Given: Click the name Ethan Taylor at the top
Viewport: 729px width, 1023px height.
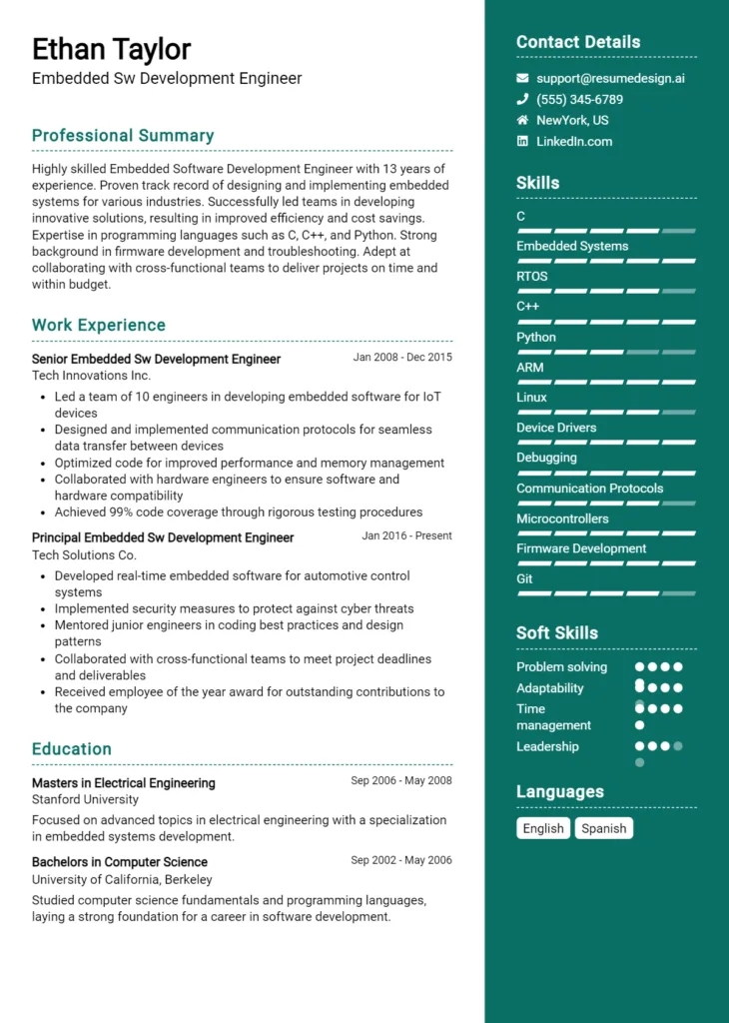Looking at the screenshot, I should pos(111,49).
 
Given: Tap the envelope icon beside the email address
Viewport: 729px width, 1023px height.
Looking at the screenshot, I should pos(522,78).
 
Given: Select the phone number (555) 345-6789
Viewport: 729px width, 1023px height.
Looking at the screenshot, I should pos(579,99).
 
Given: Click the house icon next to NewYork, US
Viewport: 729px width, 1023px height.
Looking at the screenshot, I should pos(522,120).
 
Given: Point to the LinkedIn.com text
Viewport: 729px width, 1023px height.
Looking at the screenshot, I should pos(573,141).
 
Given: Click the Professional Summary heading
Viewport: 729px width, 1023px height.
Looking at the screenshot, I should pos(123,136).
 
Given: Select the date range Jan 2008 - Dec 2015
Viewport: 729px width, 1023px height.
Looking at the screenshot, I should pos(402,357).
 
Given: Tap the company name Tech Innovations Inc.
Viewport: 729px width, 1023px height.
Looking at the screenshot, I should pos(91,376).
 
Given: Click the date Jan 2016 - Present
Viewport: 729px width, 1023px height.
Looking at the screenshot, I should pos(406,535).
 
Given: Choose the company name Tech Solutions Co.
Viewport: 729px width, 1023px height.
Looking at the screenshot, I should pos(84,554).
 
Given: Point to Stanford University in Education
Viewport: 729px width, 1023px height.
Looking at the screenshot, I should pos(85,799).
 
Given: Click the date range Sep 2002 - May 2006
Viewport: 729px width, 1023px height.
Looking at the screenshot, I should pos(401,860).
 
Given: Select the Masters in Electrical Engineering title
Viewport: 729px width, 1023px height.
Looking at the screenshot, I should pos(123,783).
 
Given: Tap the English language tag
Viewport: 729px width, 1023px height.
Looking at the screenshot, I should pos(543,828).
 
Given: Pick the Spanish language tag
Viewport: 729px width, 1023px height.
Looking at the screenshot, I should pos(603,828).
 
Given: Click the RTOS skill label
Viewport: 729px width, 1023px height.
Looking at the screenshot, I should pos(531,277).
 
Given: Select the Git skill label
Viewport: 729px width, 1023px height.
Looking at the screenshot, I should pos(524,579).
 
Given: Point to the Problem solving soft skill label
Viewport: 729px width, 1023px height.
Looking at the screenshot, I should pos(561,667).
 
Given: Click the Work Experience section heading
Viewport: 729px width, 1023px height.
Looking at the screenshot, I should pos(99,326).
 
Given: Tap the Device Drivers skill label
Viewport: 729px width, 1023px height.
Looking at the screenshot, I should pos(556,428).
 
